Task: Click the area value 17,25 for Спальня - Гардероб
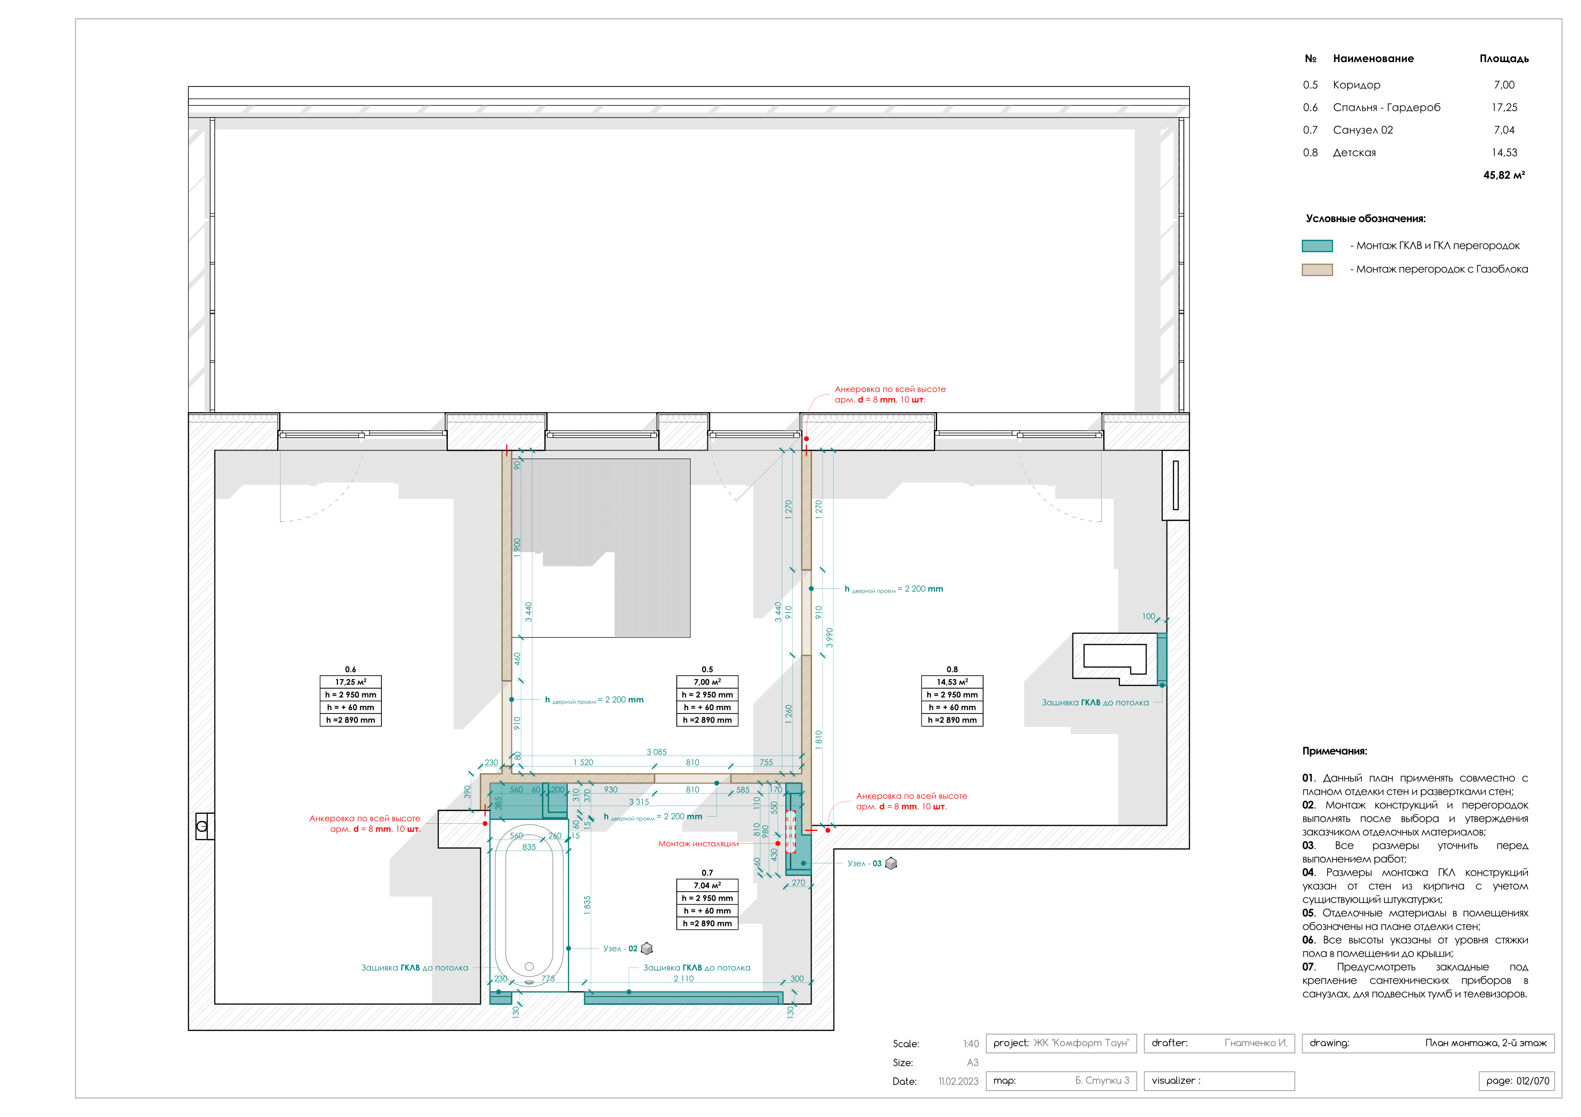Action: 1504,107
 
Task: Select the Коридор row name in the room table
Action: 1356,85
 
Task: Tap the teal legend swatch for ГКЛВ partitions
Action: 1317,245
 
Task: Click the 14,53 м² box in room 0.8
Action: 952,682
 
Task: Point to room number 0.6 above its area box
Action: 350,669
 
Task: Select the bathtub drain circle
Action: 529,966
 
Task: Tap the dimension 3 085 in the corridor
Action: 656,752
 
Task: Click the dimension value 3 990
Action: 830,638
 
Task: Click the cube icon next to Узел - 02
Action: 647,948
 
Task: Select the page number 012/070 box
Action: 1516,1081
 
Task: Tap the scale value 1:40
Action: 971,1043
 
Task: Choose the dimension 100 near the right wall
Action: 1148,616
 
